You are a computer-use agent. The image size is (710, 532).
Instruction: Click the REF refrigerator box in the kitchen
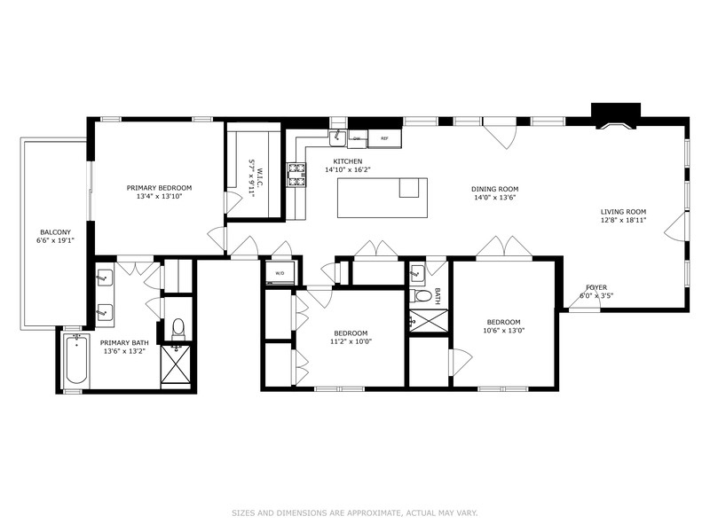[384, 138]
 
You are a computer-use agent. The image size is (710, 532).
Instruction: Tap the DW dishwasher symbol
[357, 138]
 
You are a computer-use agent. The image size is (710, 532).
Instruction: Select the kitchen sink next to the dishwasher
[337, 137]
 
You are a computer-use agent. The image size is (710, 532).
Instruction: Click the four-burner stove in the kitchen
[296, 174]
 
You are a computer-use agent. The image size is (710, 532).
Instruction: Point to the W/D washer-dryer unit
[279, 273]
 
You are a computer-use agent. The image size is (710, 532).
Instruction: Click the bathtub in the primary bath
[76, 361]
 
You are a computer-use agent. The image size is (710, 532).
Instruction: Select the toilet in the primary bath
[177, 331]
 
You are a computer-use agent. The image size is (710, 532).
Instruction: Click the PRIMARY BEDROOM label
[159, 188]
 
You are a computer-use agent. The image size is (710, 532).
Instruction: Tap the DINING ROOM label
[494, 189]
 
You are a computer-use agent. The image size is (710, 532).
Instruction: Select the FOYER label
[596, 287]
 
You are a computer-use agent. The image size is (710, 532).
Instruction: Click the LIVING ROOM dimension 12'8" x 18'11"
[623, 220]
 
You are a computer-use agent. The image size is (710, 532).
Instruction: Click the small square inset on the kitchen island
[408, 188]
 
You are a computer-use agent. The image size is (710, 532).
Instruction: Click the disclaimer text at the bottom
[354, 512]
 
